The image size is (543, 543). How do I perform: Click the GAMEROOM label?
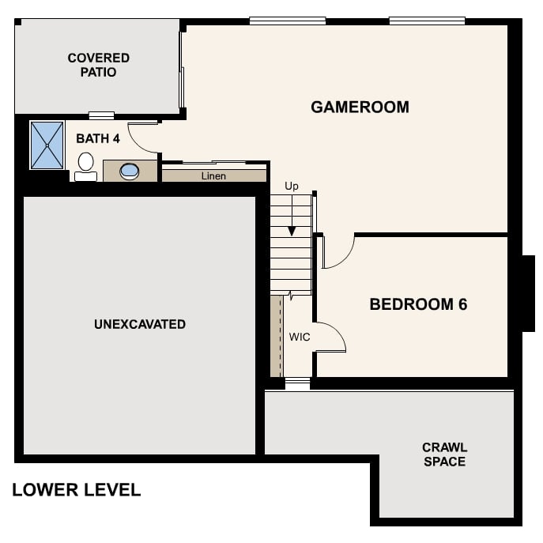click(x=360, y=107)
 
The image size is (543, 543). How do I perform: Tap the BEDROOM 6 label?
click(x=418, y=304)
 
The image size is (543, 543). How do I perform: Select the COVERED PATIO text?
click(x=98, y=65)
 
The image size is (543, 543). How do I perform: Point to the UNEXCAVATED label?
click(x=140, y=324)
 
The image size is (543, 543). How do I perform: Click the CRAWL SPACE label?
click(x=444, y=454)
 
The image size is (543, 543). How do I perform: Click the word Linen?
click(x=213, y=175)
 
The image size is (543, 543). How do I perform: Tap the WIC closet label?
click(x=300, y=337)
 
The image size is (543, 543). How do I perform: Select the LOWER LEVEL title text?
click(x=76, y=490)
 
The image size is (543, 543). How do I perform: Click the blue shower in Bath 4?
click(x=47, y=145)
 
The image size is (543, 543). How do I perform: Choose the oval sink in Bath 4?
click(x=129, y=170)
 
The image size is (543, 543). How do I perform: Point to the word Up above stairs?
click(x=292, y=186)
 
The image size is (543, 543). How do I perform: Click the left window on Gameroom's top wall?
click(x=287, y=21)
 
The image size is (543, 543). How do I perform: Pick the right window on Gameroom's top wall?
click(x=426, y=21)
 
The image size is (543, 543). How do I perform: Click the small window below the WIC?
click(x=297, y=384)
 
